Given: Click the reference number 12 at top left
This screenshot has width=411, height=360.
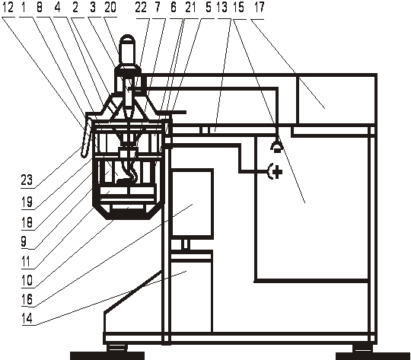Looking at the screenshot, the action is point(8,7).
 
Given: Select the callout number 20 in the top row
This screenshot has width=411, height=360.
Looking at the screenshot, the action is point(110,7).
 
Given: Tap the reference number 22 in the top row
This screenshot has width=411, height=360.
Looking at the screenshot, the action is point(141,7).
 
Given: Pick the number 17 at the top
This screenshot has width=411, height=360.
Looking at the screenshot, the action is point(259,7).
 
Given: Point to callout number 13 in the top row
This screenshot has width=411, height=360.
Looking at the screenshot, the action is point(221,7).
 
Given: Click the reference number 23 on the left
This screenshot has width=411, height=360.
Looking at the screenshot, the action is point(27,180).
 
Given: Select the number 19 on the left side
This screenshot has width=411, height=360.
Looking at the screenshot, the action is point(27,202).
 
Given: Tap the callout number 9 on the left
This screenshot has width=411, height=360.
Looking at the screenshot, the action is point(24,241).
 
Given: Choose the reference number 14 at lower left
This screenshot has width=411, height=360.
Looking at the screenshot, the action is point(27,319).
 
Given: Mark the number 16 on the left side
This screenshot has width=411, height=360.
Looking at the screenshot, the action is point(27,299).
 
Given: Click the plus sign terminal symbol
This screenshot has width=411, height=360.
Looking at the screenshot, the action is point(276,171).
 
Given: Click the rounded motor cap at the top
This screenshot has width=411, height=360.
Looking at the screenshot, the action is point(127,49).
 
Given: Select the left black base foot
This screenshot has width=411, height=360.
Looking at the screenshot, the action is point(107,355).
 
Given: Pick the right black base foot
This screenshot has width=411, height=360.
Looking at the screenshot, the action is point(373,356).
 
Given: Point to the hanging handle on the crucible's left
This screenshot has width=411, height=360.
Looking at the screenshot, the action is point(86,135).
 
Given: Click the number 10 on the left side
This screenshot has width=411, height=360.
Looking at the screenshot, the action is point(27,280).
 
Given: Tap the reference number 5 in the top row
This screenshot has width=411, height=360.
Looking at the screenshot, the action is point(209,7).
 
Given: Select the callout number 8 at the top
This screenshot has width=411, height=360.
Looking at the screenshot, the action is point(40,7).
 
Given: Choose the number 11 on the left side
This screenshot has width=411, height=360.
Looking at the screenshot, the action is point(26,261).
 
